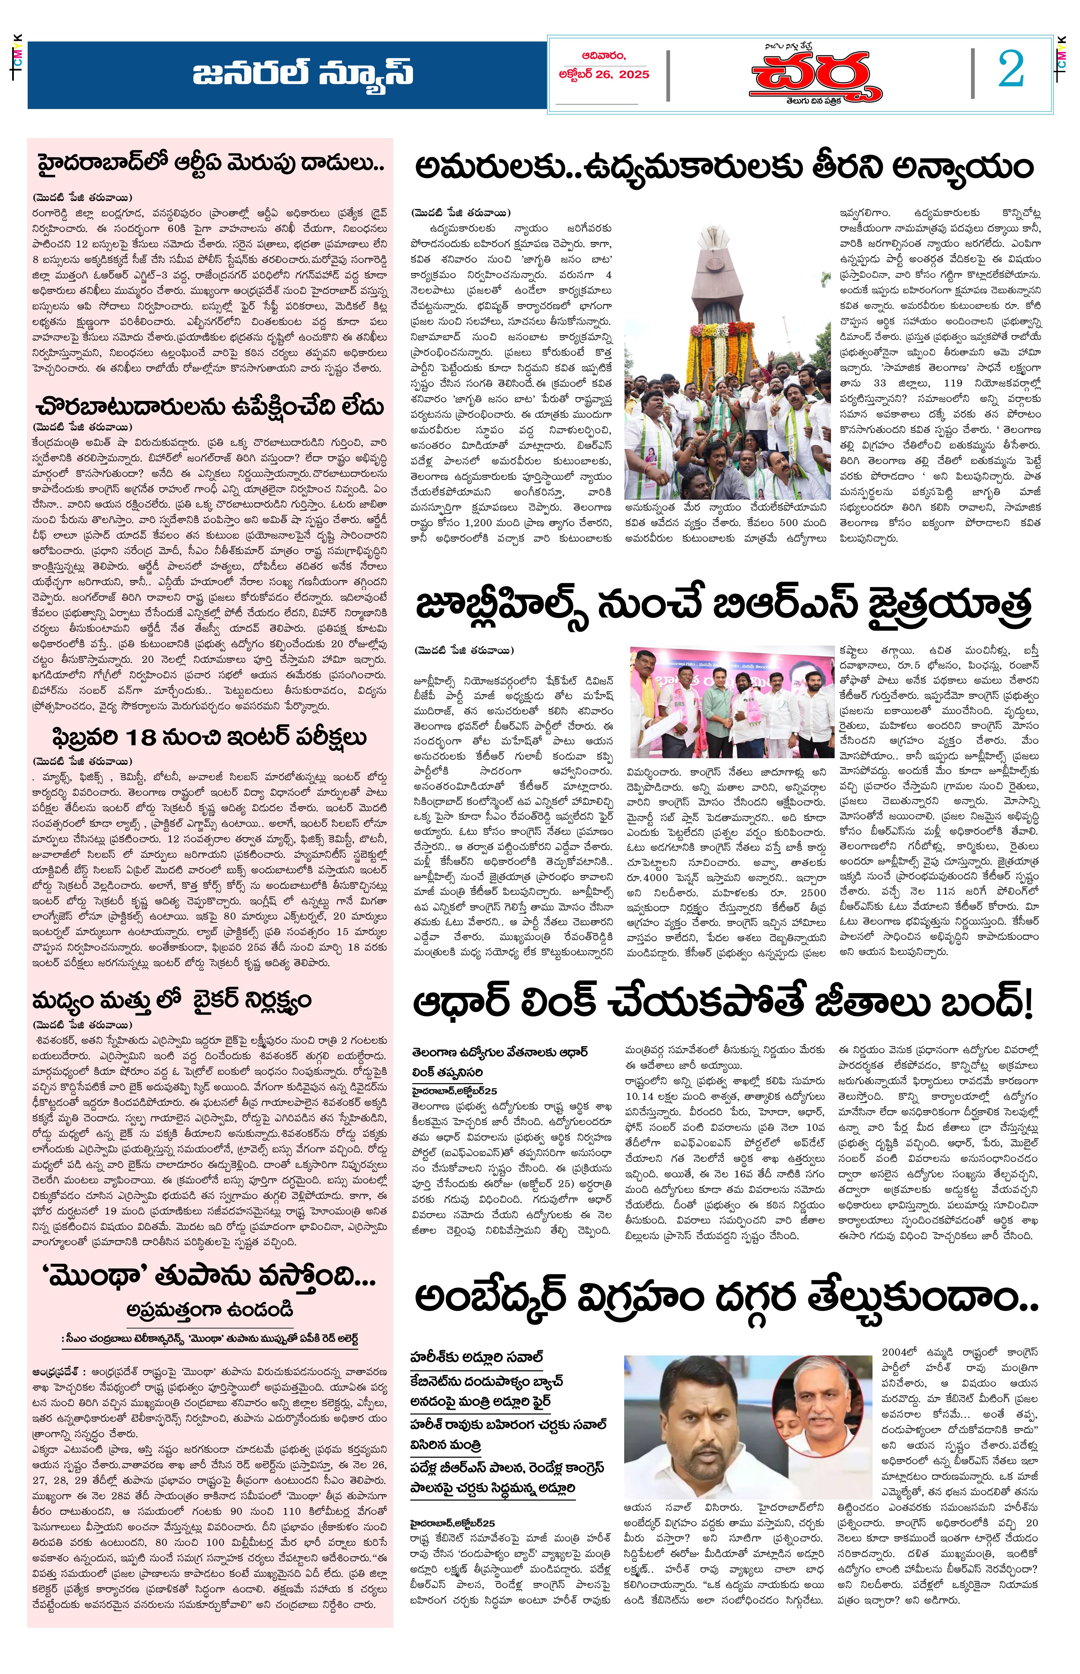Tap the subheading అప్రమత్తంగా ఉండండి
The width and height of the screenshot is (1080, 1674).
(x=210, y=1310)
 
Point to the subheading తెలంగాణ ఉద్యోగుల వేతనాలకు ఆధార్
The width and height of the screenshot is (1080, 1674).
(x=499, y=1052)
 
